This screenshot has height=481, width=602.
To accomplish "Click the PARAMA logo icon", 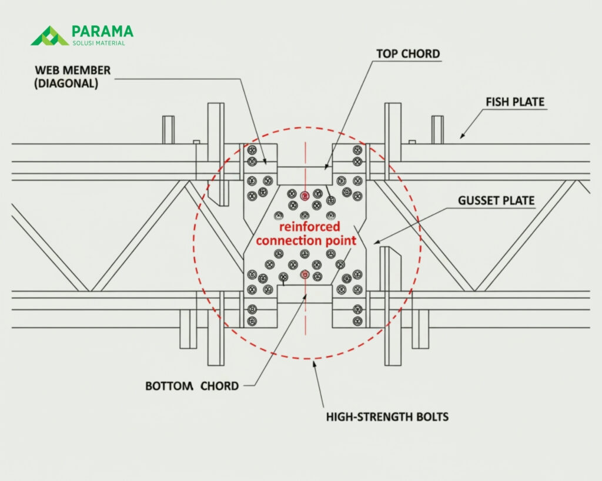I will pyautogui.click(x=49, y=35).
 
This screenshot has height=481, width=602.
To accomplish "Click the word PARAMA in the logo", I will pyautogui.click(x=102, y=31).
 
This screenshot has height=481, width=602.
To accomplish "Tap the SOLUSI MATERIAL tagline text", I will pyautogui.click(x=98, y=42).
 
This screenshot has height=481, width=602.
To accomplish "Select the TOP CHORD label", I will pyautogui.click(x=408, y=54).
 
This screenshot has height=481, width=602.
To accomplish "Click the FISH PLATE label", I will pyautogui.click(x=515, y=102).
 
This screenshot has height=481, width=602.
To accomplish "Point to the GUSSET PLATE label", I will pyautogui.click(x=496, y=201).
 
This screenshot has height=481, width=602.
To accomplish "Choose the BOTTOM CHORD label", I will pyautogui.click(x=192, y=386).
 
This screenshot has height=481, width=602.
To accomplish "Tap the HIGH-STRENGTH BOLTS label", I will pyautogui.click(x=387, y=417).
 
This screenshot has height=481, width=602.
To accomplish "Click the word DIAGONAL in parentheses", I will pyautogui.click(x=66, y=83).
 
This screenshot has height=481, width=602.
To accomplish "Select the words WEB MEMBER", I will pyautogui.click(x=72, y=70).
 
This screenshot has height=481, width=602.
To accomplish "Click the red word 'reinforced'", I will pyautogui.click(x=309, y=227).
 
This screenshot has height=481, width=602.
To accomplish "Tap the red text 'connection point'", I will pyautogui.click(x=306, y=240).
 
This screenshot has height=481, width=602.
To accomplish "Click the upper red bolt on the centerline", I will pyautogui.click(x=304, y=195).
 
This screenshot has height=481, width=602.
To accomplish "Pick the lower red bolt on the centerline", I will pyautogui.click(x=304, y=274).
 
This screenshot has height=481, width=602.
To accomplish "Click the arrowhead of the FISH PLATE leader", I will pyautogui.click(x=461, y=136).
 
